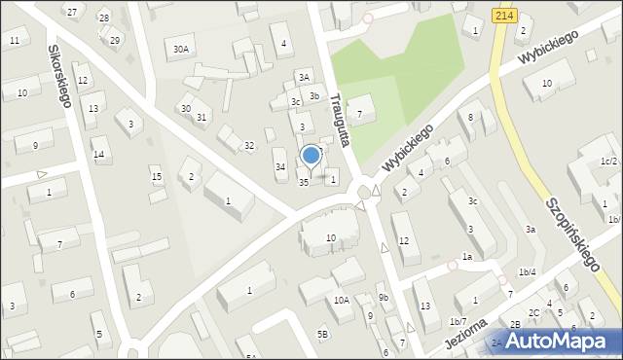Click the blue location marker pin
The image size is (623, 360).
311,156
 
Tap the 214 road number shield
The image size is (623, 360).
503,16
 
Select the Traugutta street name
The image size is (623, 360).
339,118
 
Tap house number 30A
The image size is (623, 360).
180,49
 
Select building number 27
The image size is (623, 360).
72,11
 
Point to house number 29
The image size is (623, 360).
115,40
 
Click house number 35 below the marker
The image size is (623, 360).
304,182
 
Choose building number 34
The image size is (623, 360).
280,167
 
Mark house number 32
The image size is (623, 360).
249,145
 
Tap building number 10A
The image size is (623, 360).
341,301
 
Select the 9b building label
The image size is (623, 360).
384,297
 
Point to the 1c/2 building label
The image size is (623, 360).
609,161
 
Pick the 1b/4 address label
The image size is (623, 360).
527,271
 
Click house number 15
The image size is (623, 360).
156,176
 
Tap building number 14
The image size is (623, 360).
98,155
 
